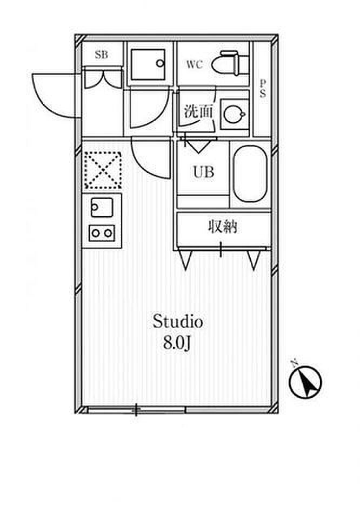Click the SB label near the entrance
pyautogui.click(x=101, y=54)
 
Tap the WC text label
pyautogui.click(x=195, y=65)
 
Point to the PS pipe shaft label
pyautogui.click(x=263, y=89)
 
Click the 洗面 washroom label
pyautogui.click(x=198, y=112)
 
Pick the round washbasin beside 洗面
pyautogui.click(x=234, y=113)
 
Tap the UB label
pyautogui.click(x=204, y=172)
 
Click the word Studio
pyautogui.click(x=177, y=322)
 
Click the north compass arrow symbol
pyautogui.click(x=306, y=383)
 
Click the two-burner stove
pyautogui.click(x=102, y=232)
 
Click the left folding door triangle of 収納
pyautogui.click(x=186, y=259)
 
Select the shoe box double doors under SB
pyautogui.click(x=102, y=78)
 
